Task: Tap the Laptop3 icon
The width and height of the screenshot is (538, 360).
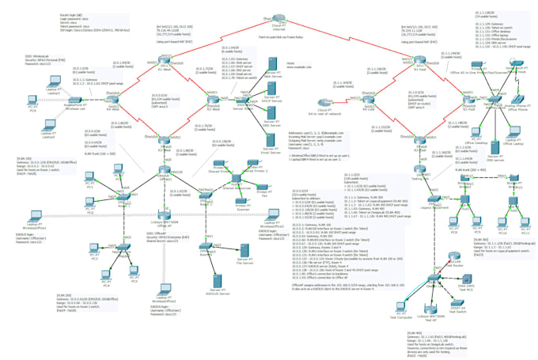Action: point(45,125)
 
